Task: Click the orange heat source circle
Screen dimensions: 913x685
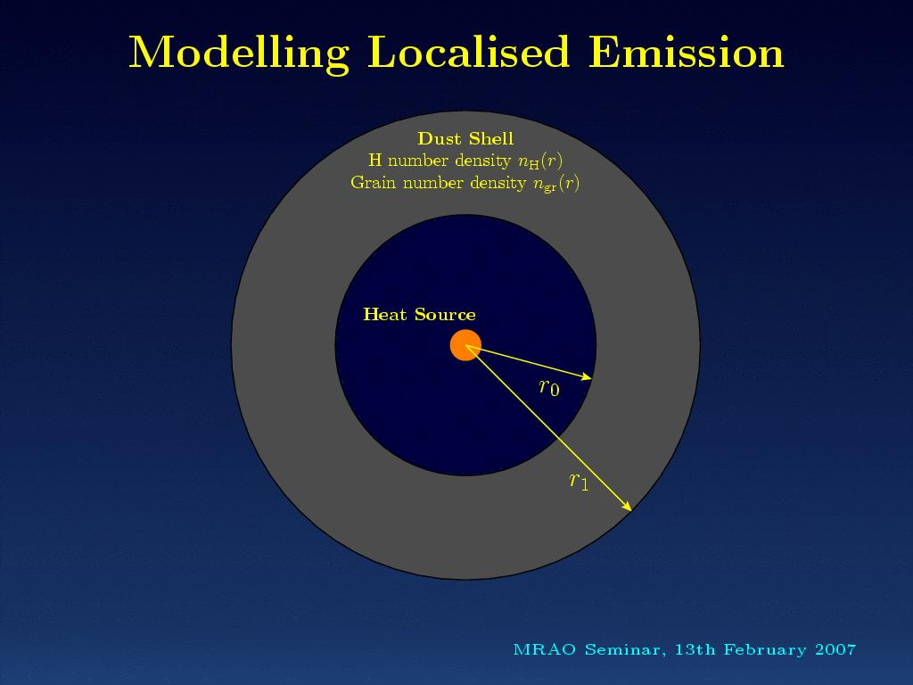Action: point(465,345)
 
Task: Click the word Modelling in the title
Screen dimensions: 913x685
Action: point(239,54)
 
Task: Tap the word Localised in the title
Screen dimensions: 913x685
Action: point(468,52)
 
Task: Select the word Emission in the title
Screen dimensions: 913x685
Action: point(686,52)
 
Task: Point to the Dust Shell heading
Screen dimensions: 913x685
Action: point(465,138)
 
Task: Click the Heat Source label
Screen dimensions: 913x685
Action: point(419,315)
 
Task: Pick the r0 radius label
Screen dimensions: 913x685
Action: point(549,387)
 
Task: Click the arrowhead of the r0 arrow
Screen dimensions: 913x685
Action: point(587,377)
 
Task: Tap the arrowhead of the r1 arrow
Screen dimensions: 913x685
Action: point(627,507)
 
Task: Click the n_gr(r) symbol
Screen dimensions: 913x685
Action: point(556,184)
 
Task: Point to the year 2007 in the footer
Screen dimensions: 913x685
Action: point(835,649)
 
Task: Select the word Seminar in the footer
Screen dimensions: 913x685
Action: point(625,650)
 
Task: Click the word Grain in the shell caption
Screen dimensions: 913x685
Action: point(374,183)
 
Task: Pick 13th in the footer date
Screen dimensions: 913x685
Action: point(695,649)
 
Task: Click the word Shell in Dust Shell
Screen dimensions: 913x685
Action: point(491,138)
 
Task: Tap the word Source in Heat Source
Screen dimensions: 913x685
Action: point(445,315)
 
